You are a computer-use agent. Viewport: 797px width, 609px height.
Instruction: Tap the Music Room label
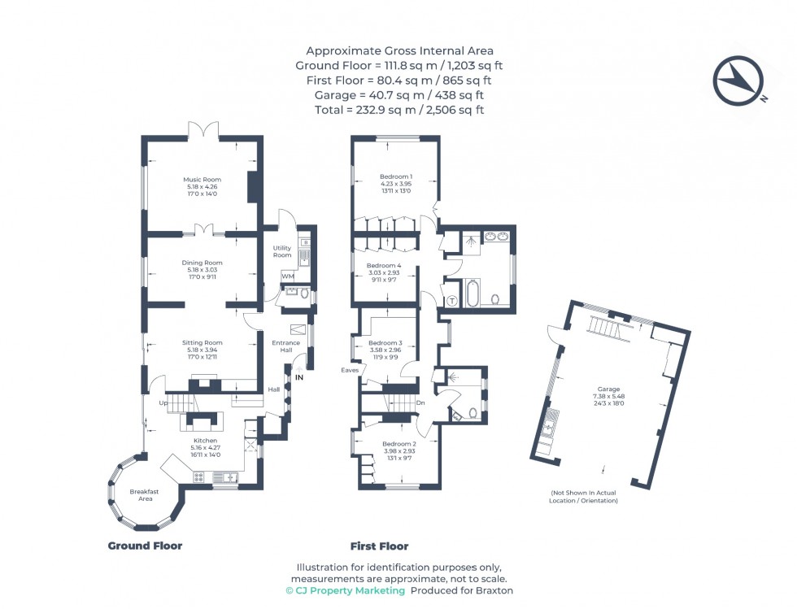click(x=202, y=180)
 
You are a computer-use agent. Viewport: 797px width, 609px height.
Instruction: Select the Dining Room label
click(x=202, y=263)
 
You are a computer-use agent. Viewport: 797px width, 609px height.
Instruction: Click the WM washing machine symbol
click(x=287, y=277)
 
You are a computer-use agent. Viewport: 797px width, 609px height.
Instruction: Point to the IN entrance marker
click(x=299, y=377)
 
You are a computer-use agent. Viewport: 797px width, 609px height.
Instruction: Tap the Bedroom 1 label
click(x=396, y=176)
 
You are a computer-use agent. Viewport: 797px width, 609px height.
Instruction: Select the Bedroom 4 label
click(x=384, y=266)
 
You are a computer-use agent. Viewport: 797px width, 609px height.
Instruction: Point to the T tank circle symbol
click(x=451, y=301)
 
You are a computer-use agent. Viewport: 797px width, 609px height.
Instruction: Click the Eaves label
click(x=350, y=370)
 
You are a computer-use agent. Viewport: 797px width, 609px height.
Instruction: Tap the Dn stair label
click(x=420, y=402)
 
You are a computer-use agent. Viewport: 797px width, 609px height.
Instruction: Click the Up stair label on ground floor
click(x=163, y=402)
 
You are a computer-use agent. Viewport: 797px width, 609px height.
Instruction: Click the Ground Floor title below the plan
click(x=145, y=546)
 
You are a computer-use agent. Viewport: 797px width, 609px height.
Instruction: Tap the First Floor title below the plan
click(x=379, y=546)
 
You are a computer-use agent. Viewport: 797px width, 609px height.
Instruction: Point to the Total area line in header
click(x=399, y=110)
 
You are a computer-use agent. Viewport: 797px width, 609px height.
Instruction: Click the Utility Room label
click(x=281, y=251)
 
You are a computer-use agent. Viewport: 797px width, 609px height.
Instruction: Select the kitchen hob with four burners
click(x=198, y=476)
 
